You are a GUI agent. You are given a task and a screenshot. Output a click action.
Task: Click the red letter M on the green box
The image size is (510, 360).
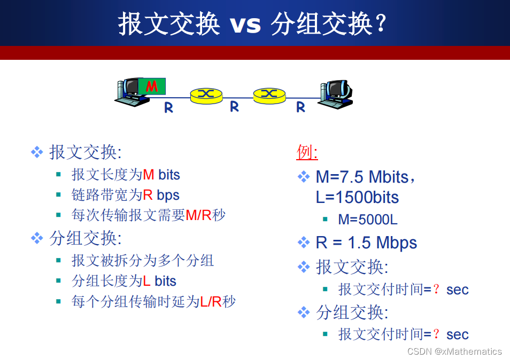point(152,86)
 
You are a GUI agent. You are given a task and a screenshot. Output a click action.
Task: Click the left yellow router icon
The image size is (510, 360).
point(206,95)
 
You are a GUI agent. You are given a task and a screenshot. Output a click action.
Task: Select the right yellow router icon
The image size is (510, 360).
point(269,95)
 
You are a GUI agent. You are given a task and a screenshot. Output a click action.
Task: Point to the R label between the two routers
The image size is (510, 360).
point(234,106)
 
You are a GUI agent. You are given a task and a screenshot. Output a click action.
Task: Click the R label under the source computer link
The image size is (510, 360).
point(168,107)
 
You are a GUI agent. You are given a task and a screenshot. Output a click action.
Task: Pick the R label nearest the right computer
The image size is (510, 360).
point(300,107)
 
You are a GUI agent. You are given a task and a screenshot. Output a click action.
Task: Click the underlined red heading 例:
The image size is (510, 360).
point(307,153)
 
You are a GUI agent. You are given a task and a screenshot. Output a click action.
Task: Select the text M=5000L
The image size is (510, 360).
point(367,220)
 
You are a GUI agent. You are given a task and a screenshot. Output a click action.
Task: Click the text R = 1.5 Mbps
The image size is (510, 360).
point(366,242)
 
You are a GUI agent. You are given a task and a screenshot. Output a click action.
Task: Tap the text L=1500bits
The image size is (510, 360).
point(357,197)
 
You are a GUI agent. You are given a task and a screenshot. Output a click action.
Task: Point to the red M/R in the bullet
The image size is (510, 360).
point(198,215)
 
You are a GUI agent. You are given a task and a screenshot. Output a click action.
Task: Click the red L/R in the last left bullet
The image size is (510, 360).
point(211,302)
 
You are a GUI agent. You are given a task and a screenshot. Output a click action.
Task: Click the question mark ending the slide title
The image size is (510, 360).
point(381,24)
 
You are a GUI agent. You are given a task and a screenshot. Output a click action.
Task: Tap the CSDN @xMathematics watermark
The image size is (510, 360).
point(454,351)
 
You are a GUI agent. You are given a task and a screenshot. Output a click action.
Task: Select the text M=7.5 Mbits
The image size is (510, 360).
point(362,176)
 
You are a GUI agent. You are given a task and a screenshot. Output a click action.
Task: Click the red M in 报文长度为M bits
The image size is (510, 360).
point(149,175)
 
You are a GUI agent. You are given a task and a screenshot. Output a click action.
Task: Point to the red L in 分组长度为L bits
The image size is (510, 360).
point(146,281)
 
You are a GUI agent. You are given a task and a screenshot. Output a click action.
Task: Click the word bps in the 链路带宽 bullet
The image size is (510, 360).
point(168,195)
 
